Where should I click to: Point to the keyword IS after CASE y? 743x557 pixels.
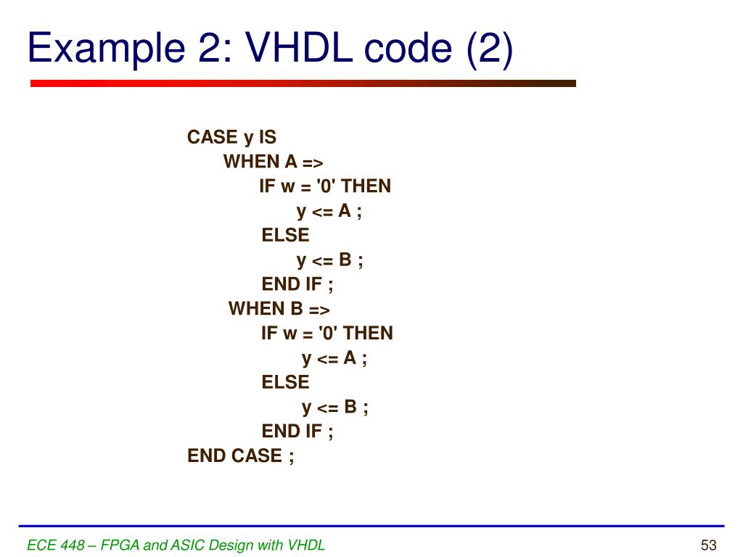pos(268,137)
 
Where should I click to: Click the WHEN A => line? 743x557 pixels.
pos(273,161)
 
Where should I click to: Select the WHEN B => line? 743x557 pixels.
pos(279,309)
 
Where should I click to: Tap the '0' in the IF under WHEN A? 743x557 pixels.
pos(327,186)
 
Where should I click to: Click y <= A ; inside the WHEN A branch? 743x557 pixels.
pos(329,211)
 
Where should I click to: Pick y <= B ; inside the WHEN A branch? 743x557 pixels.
pos(329,260)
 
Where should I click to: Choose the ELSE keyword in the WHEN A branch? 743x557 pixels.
pos(285,235)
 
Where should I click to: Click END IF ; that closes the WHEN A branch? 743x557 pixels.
pos(297,284)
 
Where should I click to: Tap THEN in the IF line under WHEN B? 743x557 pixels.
pos(367,334)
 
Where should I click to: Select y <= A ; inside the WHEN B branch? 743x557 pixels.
pos(334,358)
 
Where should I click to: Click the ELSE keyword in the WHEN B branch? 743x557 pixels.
pos(285,382)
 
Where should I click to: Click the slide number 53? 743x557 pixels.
pos(708,545)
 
